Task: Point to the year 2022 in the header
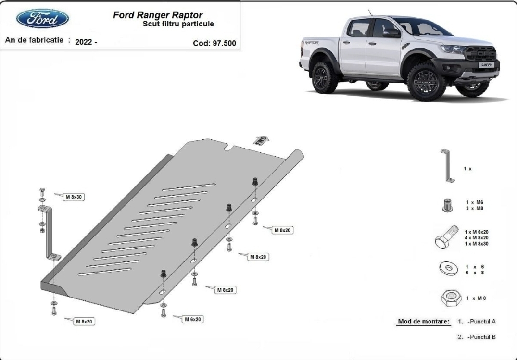click(86, 42)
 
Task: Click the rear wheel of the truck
click(326, 77)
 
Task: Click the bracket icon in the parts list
click(448, 166)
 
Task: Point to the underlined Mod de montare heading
click(424, 322)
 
